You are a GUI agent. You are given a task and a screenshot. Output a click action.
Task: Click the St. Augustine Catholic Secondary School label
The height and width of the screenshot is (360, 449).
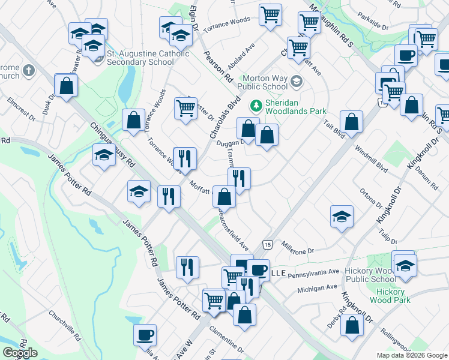148,58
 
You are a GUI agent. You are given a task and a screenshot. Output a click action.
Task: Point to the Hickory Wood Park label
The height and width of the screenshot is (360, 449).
387,296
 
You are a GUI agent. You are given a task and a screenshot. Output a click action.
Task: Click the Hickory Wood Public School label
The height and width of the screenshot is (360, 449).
370,275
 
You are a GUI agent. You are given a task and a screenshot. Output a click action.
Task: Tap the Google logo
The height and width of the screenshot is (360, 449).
20,353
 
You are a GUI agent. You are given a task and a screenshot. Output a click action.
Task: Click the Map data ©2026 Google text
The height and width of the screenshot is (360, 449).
411,355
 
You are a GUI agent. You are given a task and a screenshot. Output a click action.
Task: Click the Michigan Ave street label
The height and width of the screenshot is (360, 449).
317,289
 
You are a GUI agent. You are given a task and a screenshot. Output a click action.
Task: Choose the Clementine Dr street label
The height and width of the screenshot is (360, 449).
225,338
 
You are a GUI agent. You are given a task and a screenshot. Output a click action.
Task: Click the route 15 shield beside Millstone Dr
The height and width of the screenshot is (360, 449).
267,244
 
